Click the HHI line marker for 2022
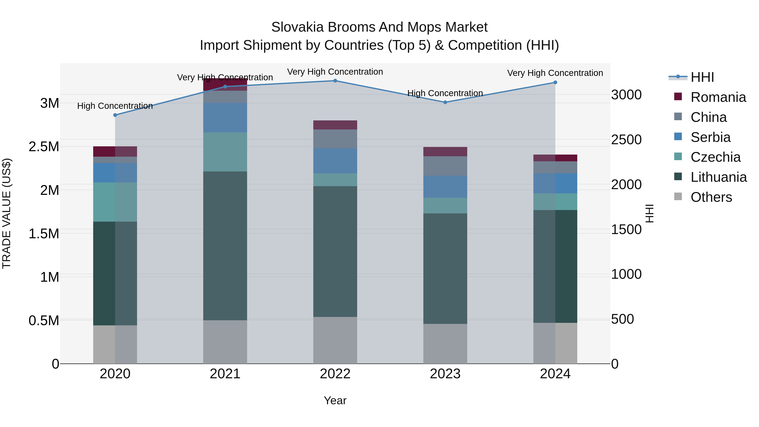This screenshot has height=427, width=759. point(335,81)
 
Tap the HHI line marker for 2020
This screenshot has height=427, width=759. point(115,115)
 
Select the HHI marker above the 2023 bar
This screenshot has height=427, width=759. point(445,102)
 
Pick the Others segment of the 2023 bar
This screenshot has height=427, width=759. point(445,344)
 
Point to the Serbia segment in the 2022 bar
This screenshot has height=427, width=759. point(335,161)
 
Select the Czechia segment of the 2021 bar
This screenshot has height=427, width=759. point(225,152)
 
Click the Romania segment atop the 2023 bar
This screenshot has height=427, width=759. point(445,151)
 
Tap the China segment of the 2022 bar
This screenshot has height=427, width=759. point(335,139)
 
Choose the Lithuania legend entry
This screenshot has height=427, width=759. point(718,177)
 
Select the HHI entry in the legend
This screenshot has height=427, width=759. point(702,77)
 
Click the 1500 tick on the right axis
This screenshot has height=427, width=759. point(626,230)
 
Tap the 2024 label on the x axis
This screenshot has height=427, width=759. point(555,374)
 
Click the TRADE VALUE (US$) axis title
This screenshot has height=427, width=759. point(7,213)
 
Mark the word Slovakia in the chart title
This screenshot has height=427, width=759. point(297,27)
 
